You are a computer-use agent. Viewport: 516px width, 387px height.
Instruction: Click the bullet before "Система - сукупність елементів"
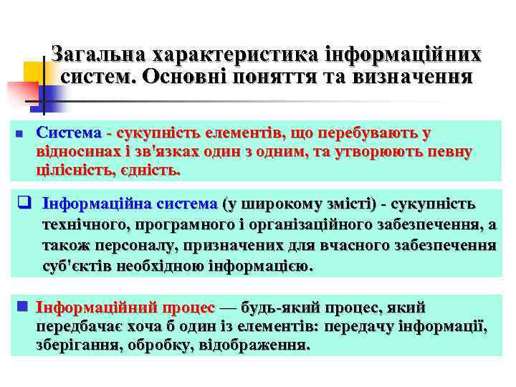point(19,134)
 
